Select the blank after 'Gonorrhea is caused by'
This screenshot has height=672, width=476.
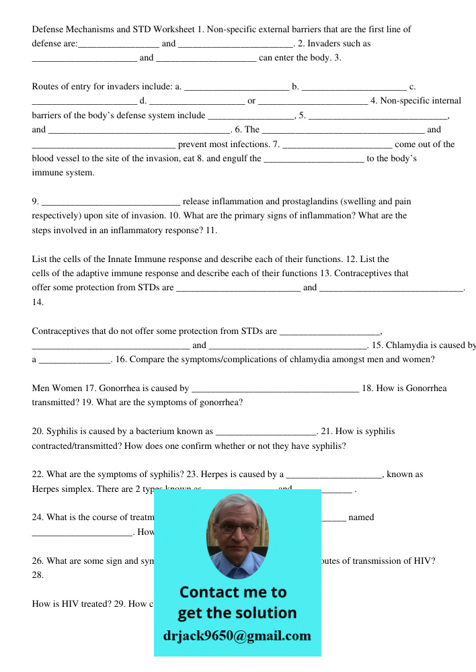(275, 388)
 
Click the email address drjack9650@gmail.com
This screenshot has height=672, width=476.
(237, 636)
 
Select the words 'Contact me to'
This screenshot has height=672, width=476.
(233, 592)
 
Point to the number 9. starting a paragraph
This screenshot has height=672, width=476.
(36, 201)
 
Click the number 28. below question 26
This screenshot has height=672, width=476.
(38, 575)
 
